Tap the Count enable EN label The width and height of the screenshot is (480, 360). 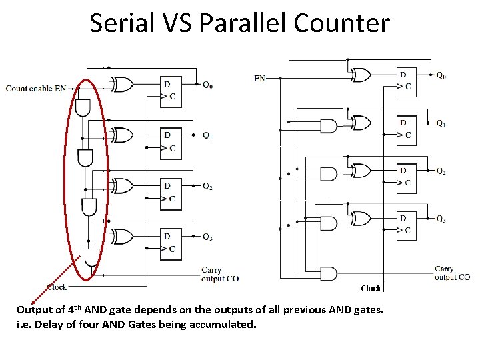click(x=36, y=88)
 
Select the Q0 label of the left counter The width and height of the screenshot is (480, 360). click(x=207, y=85)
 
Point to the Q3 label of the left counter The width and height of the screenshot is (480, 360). click(x=207, y=237)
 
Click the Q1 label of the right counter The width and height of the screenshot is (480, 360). click(x=441, y=123)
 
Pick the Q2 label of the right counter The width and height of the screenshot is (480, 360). click(x=441, y=171)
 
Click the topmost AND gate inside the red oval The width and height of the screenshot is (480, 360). click(x=83, y=106)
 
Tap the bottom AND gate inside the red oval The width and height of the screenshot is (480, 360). click(x=91, y=257)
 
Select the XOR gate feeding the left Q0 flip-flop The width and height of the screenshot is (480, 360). click(x=124, y=85)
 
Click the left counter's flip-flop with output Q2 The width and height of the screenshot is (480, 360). click(x=171, y=191)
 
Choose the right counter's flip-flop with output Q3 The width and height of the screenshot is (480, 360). click(x=407, y=224)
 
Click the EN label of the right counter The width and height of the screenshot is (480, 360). click(x=259, y=78)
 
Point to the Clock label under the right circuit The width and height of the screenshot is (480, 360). click(x=371, y=289)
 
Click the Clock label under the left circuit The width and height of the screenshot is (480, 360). click(x=57, y=287)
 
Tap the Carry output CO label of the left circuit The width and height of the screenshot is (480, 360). click(x=219, y=275)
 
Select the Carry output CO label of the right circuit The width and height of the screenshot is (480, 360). click(x=451, y=273)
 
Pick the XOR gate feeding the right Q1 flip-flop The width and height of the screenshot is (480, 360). click(x=361, y=123)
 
